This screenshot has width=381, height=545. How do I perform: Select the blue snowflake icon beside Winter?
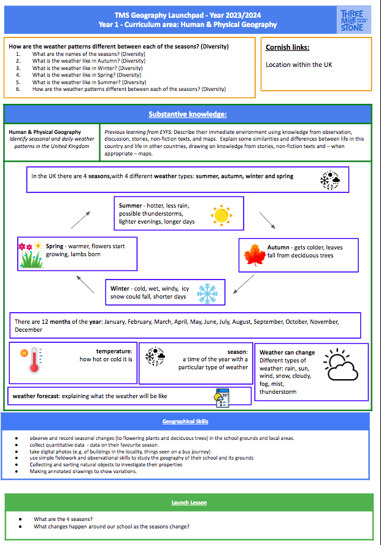pyautogui.click(x=207, y=292)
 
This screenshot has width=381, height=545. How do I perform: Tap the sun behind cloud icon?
pyautogui.click(x=341, y=366)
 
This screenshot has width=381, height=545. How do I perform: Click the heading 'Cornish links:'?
pyautogui.click(x=287, y=47)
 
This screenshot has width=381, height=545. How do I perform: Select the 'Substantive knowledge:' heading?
pyautogui.click(x=187, y=114)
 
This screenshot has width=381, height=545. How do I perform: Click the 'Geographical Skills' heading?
pyautogui.click(x=185, y=421)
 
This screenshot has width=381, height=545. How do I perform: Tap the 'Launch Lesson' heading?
pyautogui.click(x=189, y=503)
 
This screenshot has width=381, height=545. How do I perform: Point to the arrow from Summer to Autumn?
pyautogui.click(x=267, y=221)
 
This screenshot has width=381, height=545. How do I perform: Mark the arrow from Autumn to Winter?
pyautogui.click(x=245, y=284)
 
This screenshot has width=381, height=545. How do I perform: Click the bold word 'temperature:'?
pyautogui.click(x=114, y=351)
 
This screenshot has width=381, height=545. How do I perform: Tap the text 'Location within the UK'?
pyautogui.click(x=299, y=65)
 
